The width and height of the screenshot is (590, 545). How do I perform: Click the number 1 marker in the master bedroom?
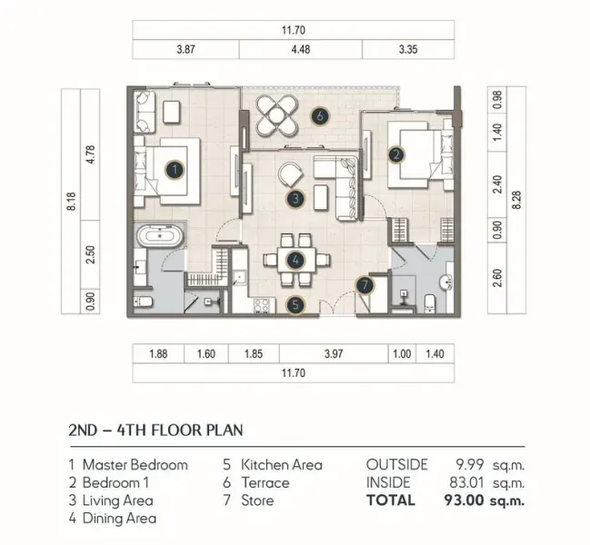click(x=175, y=170)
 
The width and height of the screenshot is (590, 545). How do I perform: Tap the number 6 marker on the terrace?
click(x=320, y=116)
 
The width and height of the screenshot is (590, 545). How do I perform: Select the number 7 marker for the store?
click(x=365, y=285)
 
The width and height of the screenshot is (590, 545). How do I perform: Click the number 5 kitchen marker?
click(x=295, y=305)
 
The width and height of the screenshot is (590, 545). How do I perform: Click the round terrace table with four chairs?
click(x=277, y=115)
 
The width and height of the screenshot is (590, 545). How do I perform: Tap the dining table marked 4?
click(x=296, y=260)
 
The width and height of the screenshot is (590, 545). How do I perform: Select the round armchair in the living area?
click(x=290, y=173)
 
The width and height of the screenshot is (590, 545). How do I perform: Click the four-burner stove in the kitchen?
click(x=261, y=305)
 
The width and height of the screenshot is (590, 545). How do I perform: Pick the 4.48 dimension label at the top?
click(x=301, y=50)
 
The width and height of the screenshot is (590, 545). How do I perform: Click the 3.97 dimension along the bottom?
click(x=334, y=354)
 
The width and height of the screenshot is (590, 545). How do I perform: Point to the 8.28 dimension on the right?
click(x=516, y=200)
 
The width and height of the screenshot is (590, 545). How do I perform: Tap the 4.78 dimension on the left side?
click(x=90, y=154)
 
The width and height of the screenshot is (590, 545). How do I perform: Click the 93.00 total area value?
click(x=464, y=500)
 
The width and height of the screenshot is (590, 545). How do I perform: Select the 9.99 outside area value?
click(x=470, y=465)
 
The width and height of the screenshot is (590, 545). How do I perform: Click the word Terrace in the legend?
click(x=265, y=482)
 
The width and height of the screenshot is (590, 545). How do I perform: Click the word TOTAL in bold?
click(x=391, y=500)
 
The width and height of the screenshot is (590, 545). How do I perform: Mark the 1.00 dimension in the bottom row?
click(x=402, y=354)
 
